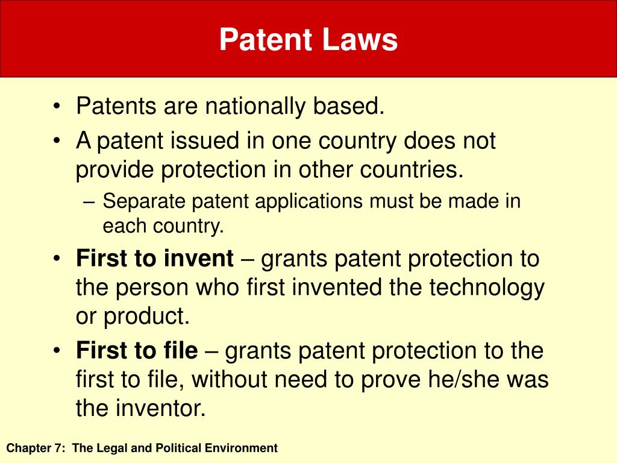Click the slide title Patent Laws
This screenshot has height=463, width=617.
[308, 40]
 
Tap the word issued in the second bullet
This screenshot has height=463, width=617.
[208, 141]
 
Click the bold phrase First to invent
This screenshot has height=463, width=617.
[155, 259]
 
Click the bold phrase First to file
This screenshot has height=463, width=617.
[137, 350]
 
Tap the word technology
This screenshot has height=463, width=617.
[487, 288]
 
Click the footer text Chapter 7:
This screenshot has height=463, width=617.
[36, 448]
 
